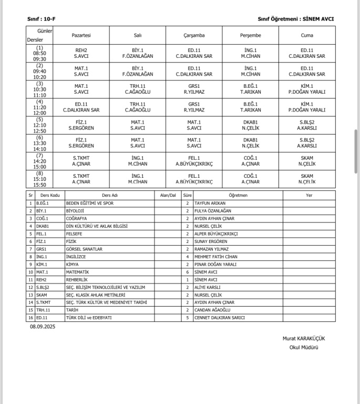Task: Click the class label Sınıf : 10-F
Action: pos(42,19)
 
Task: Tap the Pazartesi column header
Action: pos(81,35)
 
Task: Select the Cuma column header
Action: pos(307,35)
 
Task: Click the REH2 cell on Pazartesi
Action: pos(81,53)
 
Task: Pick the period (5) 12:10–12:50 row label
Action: pos(40,125)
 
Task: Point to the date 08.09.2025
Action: pos(43,327)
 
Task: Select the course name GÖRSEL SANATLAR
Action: pos(84,249)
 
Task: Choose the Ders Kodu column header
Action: pos(48,195)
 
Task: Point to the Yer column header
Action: pos(309,195)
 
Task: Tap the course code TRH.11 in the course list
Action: pos(43,310)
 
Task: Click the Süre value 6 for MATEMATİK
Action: pos(187,272)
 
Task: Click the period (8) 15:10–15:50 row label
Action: pos(40,179)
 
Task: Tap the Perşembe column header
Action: pos(250,35)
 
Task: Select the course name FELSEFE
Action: pos(75,234)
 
